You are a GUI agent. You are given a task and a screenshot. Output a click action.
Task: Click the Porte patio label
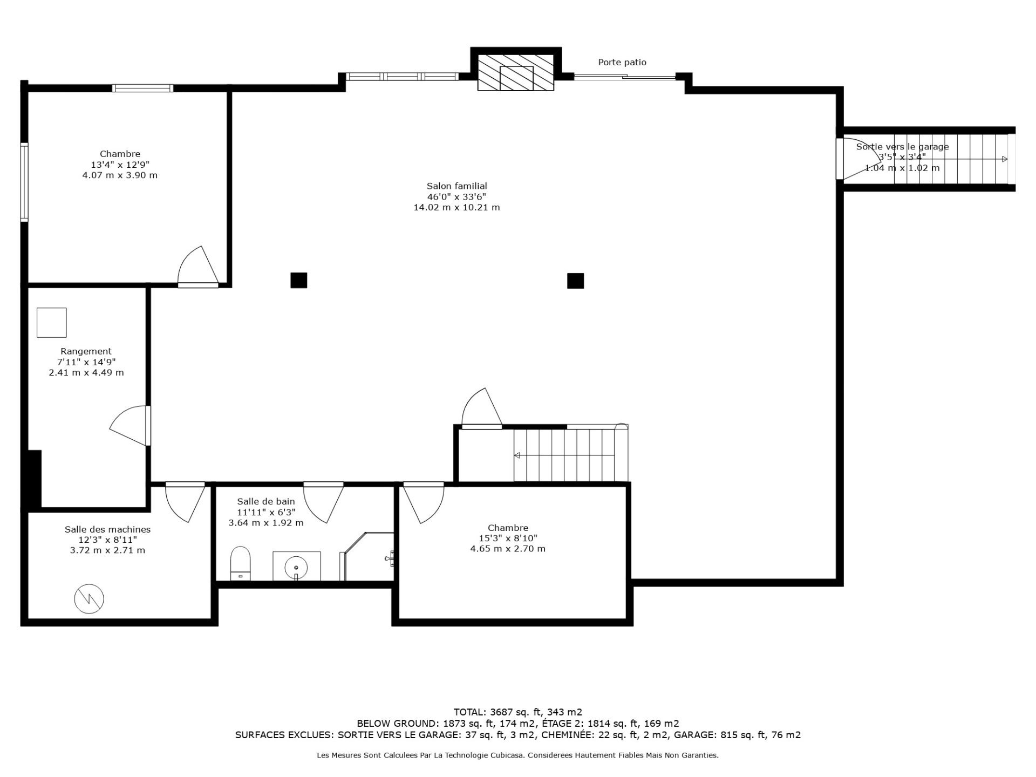[622, 63]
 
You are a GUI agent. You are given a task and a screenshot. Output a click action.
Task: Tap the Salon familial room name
[457, 186]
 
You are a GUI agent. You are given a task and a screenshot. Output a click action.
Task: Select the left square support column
[299, 280]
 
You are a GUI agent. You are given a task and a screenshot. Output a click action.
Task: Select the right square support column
[575, 281]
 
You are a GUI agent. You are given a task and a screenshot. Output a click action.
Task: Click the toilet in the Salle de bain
[241, 563]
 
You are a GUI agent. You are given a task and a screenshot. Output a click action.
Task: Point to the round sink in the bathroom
[296, 567]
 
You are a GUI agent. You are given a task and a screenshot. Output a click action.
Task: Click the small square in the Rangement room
[52, 323]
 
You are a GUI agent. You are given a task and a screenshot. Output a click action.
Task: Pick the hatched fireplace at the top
[516, 72]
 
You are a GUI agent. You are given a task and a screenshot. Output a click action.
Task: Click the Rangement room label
[86, 351]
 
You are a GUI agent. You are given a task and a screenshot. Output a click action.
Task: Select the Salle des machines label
[107, 530]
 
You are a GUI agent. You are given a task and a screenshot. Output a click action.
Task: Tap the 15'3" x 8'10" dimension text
[508, 539]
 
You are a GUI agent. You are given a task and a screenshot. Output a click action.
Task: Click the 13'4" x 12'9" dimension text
[120, 165]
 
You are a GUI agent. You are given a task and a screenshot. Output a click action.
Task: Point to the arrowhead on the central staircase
[516, 455]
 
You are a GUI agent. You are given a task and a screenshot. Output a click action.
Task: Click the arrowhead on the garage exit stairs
[1005, 159]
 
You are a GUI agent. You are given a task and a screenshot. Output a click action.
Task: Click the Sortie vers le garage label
[902, 147]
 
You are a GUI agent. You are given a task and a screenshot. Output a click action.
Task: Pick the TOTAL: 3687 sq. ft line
[518, 712]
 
